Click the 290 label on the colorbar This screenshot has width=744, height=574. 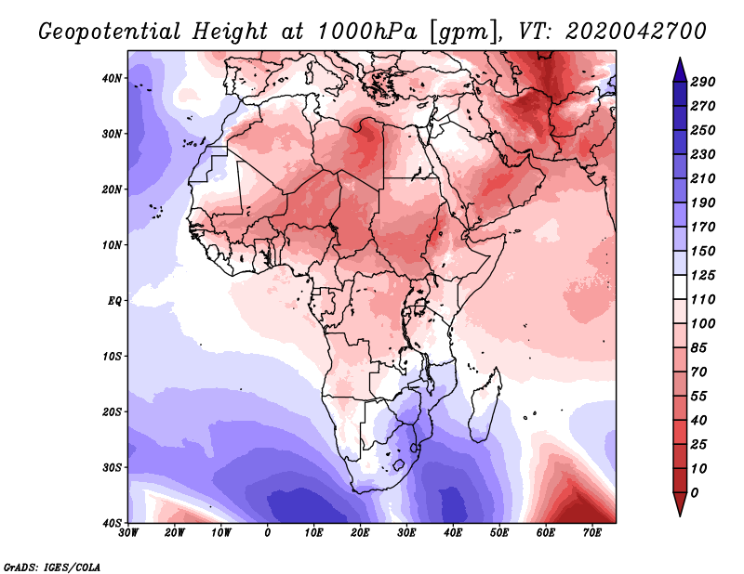coord(702,83)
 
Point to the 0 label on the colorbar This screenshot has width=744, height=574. coord(696,492)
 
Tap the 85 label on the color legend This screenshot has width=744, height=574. coord(699,347)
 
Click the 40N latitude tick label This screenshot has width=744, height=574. coord(112,78)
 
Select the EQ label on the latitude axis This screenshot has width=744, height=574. coord(113,301)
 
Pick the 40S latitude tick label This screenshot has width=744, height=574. coord(112,523)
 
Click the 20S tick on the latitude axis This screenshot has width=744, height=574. coord(112,411)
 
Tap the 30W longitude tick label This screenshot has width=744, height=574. coord(129,533)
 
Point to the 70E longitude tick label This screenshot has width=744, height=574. coord(592,533)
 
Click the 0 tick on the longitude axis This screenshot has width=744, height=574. coord(268,533)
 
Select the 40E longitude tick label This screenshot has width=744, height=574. coord(453,533)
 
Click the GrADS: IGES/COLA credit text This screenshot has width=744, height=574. coord(52,567)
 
